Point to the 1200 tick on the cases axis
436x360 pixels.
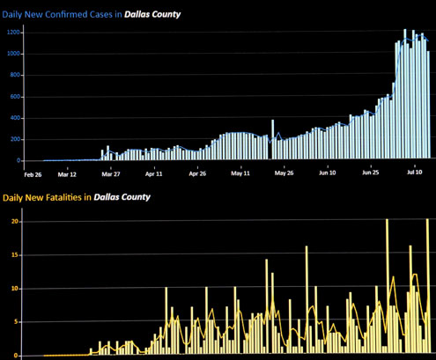click(x=13, y=33)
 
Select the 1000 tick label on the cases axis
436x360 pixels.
click(x=13, y=54)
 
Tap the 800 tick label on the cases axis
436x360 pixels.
click(x=15, y=75)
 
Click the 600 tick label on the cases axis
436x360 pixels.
click(x=15, y=97)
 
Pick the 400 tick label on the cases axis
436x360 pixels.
click(x=15, y=118)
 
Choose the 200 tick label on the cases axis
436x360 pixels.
click(x=15, y=139)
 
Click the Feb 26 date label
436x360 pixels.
click(x=33, y=175)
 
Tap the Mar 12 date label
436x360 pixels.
click(x=67, y=174)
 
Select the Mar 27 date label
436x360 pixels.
click(x=111, y=174)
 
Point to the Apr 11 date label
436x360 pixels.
click(x=154, y=174)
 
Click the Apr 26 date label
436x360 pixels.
click(x=197, y=173)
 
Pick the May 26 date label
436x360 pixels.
click(x=284, y=173)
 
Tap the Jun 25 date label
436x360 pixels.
click(x=371, y=173)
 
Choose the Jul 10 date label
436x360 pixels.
click(x=415, y=172)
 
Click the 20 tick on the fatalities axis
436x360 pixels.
click(x=15, y=222)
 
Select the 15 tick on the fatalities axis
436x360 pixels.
click(x=15, y=255)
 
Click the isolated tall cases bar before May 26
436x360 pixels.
click(x=273, y=139)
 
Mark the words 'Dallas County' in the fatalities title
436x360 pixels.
click(x=122, y=197)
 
